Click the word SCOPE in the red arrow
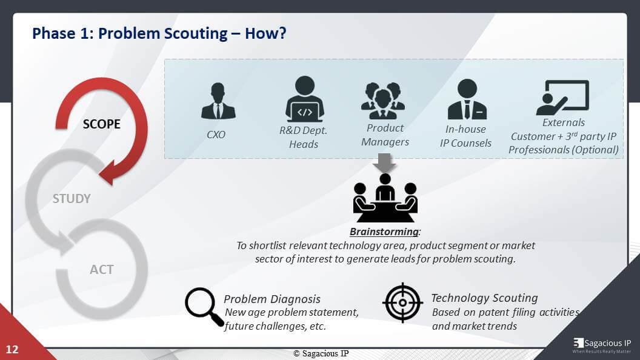(x=102, y=124)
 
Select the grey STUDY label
(x=72, y=199)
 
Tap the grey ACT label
(x=102, y=269)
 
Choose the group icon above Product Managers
(x=383, y=101)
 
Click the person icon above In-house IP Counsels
(x=467, y=99)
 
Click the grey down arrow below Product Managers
(x=384, y=162)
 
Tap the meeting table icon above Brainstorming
(x=385, y=198)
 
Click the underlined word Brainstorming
(x=384, y=232)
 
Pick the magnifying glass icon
(x=204, y=307)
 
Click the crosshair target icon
(x=402, y=303)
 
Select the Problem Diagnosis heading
(x=272, y=299)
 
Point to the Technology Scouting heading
(x=484, y=298)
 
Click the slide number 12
(x=12, y=349)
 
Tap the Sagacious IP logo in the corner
(x=602, y=345)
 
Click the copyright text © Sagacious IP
(x=321, y=353)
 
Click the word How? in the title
(x=265, y=33)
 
